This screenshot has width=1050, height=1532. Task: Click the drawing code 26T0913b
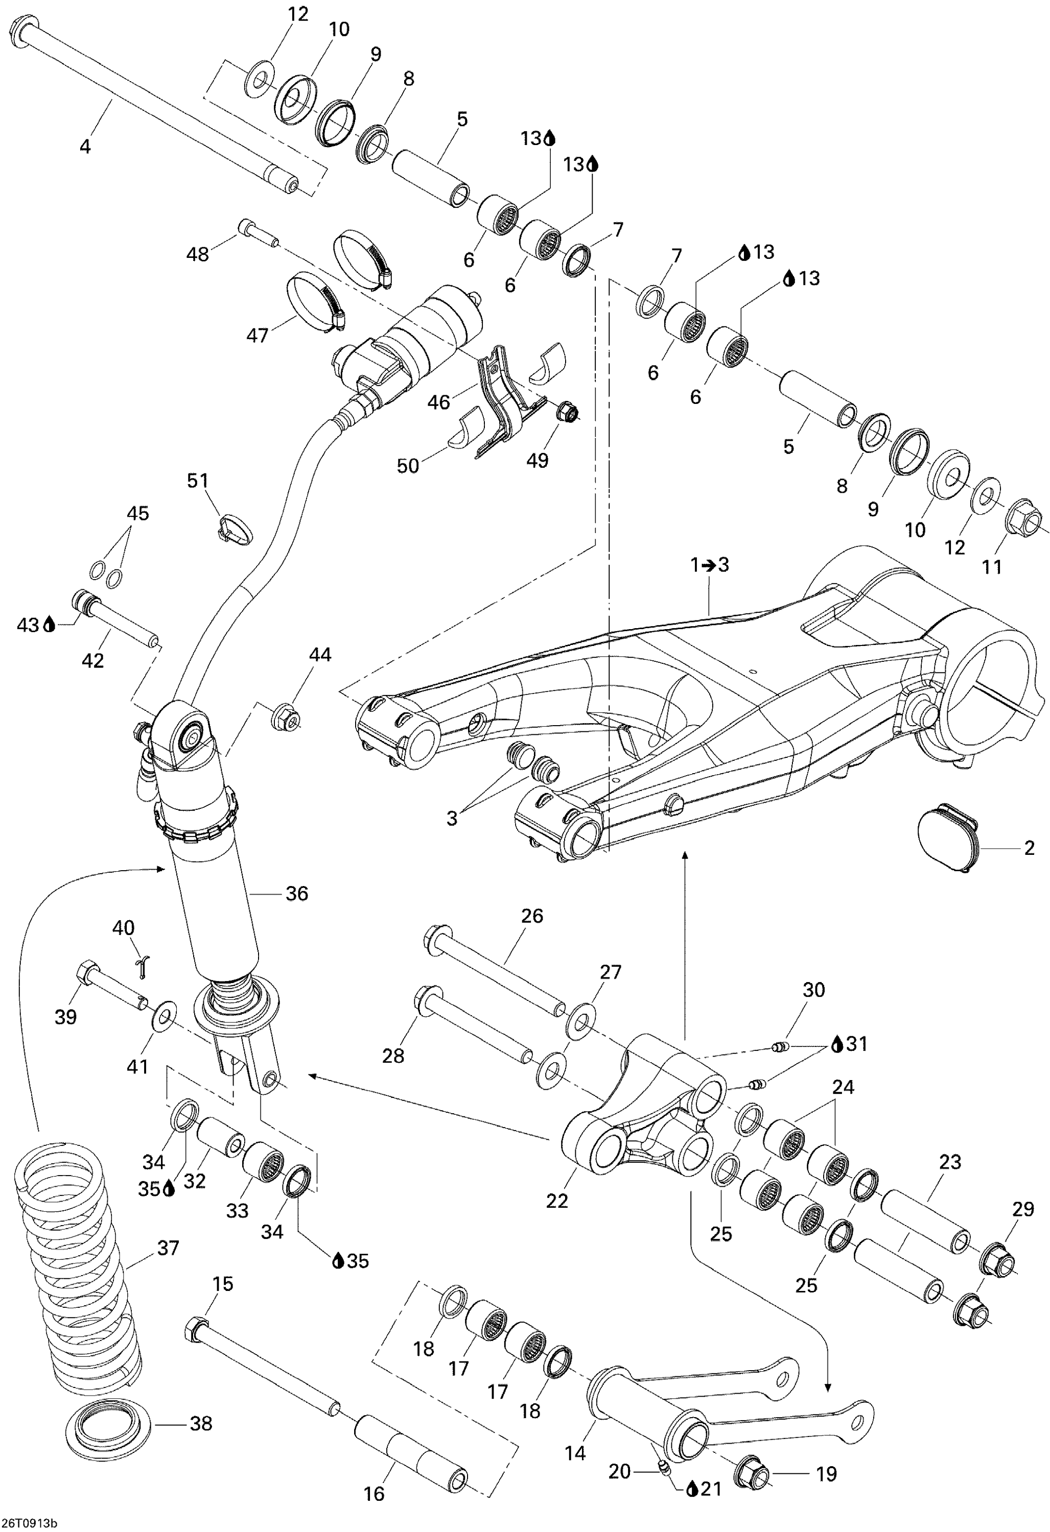pos(29,1523)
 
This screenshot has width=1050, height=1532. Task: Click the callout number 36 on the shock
pos(297,893)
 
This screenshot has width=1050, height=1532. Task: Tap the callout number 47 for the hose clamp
pos(257,335)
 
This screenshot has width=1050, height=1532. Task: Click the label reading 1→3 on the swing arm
pos(710,565)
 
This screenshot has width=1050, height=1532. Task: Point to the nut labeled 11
pos(1022,521)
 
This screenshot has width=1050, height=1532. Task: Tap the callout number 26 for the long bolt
pos(531,916)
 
